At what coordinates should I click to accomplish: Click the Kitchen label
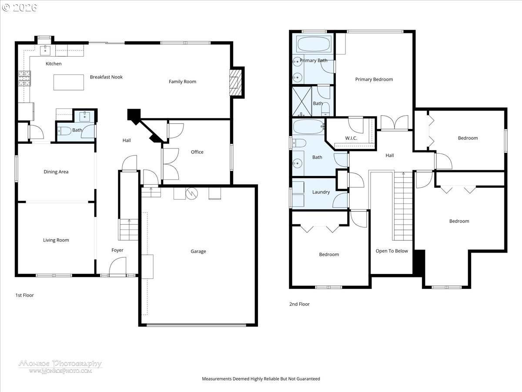point(54,64)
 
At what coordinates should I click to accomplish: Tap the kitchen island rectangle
point(68,82)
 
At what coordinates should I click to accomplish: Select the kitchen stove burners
point(24,78)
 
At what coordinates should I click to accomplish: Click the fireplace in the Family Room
point(235,82)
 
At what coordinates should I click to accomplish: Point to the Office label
point(197,152)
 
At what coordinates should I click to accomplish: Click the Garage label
point(198,251)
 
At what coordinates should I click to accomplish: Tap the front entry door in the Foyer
point(117,267)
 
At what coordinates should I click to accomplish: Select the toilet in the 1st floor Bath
point(64,131)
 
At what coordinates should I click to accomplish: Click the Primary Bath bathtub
point(314,44)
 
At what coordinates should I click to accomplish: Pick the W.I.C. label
point(351,138)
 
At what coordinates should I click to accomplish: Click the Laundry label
point(321,192)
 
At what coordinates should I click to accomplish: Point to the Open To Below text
point(391,251)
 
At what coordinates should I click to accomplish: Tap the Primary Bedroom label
point(374,79)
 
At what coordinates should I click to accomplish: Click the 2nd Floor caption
point(299,304)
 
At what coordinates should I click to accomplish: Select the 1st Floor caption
point(24,295)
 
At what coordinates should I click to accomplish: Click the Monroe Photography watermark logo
point(60,367)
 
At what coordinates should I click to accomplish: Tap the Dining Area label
point(56,172)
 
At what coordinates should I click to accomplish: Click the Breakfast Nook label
point(106,77)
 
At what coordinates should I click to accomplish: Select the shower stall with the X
point(302,101)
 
